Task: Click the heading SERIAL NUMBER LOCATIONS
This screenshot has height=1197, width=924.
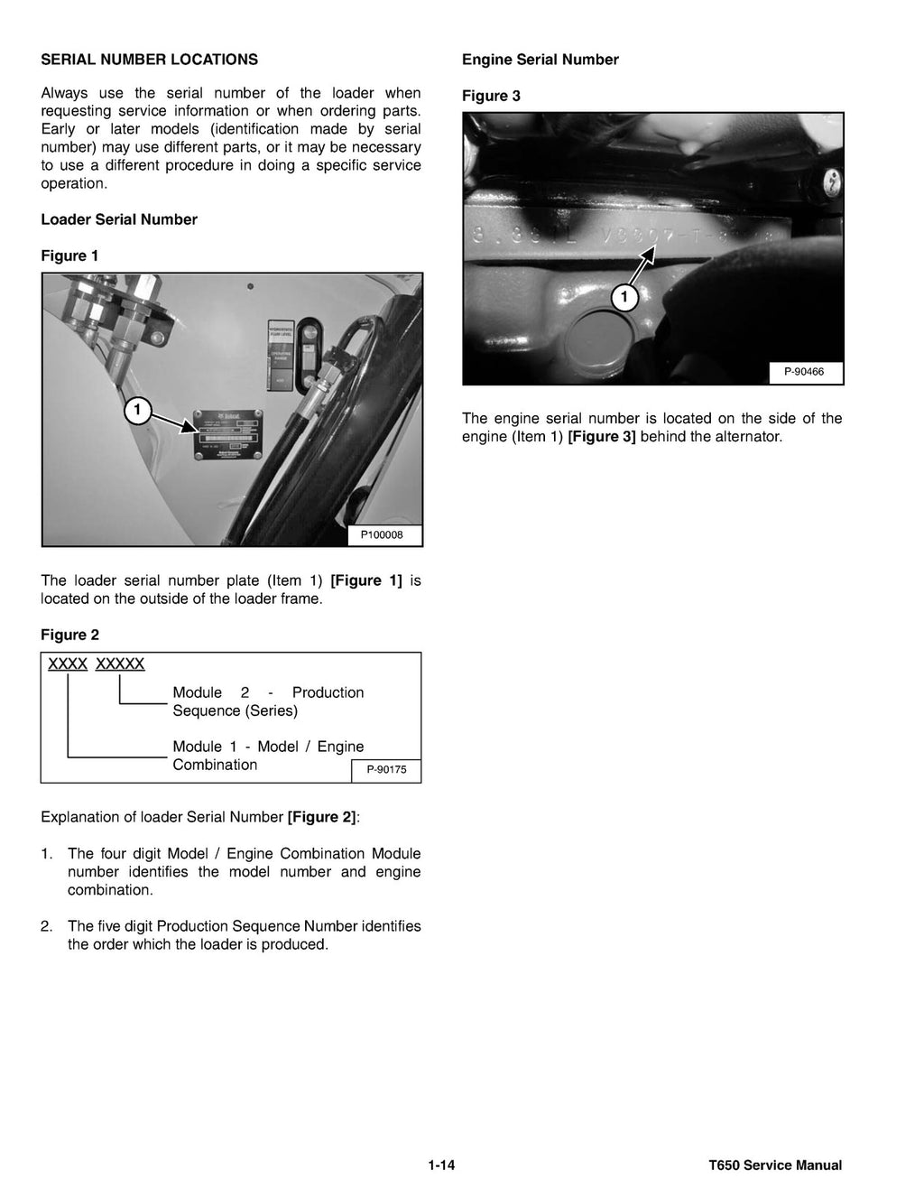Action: pos(149,60)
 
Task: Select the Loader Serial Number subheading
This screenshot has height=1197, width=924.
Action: pos(119,219)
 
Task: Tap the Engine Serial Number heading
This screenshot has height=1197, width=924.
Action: pos(540,60)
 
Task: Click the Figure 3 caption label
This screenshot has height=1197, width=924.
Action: pos(491,96)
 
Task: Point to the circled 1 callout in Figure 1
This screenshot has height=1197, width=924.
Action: pos(136,412)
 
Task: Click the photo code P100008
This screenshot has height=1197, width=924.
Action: pos(383,535)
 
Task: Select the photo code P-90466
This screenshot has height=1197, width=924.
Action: pos(804,371)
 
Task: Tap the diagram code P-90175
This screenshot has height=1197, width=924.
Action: pos(386,770)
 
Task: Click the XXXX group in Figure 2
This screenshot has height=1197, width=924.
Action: pos(68,664)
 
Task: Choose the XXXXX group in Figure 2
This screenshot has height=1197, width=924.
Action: pos(120,664)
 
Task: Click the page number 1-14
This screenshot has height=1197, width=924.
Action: pos(441,1165)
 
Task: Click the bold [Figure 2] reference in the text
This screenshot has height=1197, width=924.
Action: pos(322,817)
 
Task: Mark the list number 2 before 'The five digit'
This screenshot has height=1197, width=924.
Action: pos(46,926)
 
